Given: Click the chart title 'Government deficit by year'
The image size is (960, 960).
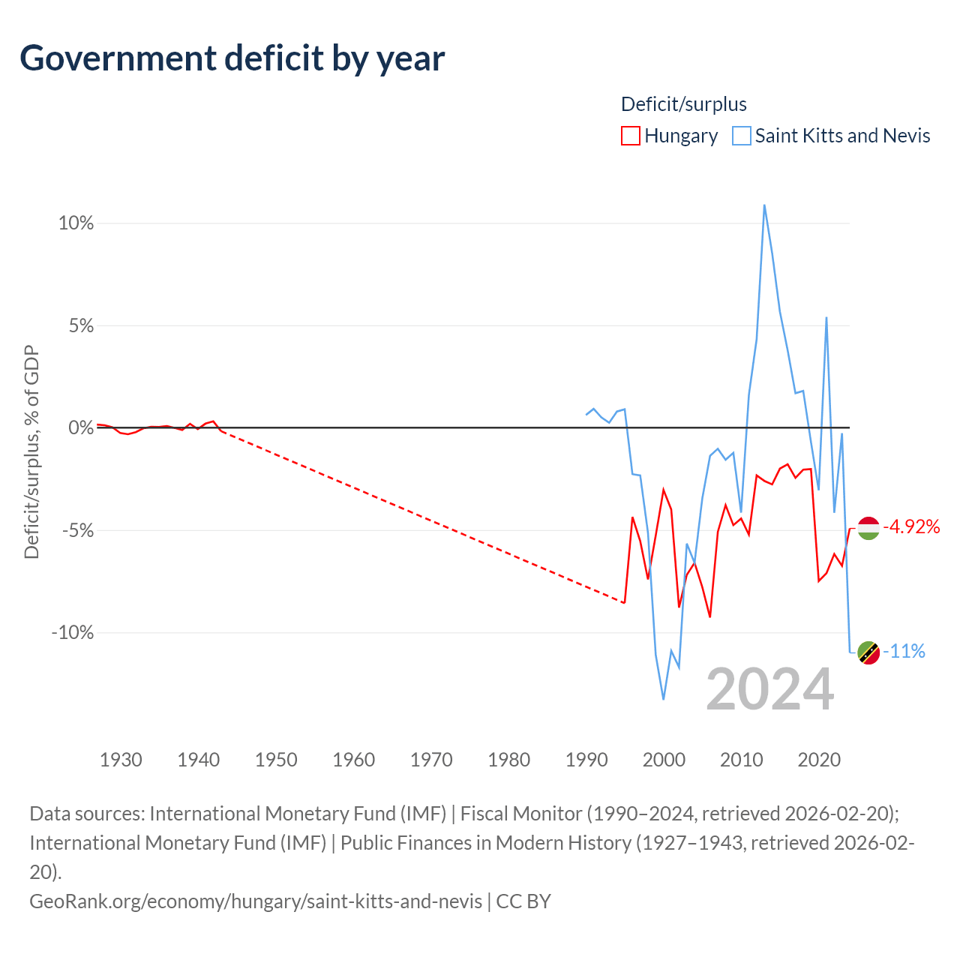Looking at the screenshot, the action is point(232,58).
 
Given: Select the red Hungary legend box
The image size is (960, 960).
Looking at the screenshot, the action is point(630,136).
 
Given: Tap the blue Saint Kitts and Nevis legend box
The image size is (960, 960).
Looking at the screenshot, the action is point(741,136).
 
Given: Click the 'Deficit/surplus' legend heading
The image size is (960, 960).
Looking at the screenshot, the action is point(683,104).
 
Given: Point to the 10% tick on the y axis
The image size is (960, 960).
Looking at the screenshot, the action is point(76,223).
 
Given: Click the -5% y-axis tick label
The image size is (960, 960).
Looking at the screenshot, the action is point(78,530).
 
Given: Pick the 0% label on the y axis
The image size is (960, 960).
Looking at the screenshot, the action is point(81,428).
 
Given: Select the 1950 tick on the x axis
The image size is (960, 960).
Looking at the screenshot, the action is point(276,760).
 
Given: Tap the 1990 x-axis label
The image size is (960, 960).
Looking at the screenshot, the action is point(586,760).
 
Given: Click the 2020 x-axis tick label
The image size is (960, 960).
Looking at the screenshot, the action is point(819,760).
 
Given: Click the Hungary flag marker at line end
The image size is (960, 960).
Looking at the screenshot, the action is point(868,529).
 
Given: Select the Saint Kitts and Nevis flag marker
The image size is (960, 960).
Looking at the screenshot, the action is point(868,652).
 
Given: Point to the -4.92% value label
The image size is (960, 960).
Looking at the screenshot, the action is point(911,526).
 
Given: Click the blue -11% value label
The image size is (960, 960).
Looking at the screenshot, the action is point(904,651).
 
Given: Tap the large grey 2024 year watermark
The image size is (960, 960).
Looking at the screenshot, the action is point(769,690).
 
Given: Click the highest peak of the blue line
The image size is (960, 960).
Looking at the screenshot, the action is point(764,205).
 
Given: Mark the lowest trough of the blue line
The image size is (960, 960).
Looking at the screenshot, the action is point(664,699).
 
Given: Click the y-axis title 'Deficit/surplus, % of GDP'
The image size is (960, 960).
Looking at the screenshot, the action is point(31,451).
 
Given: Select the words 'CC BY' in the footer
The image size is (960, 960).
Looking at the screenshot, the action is point(523,901).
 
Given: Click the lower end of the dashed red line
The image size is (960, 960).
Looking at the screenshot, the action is point(625,603).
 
